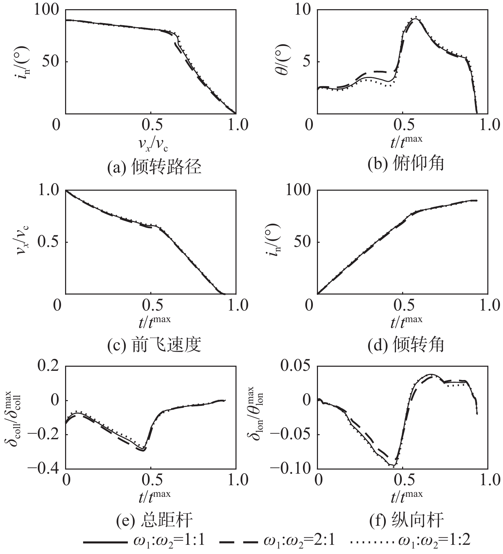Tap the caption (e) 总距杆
[154, 521]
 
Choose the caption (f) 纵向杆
[406, 521]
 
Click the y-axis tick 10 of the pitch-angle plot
[303, 10]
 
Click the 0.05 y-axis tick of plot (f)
[295, 366]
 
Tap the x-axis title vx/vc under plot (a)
[153, 145]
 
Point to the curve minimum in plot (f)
[393, 465]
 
